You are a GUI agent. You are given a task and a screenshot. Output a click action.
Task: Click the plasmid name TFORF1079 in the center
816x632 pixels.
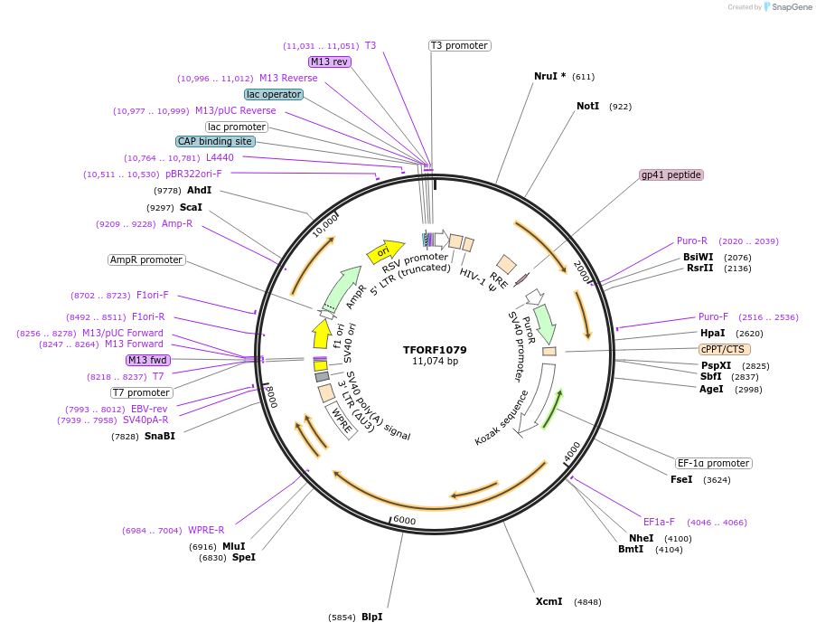pyautogui.click(x=435, y=349)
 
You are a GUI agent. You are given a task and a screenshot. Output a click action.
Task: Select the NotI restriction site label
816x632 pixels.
pyautogui.click(x=587, y=106)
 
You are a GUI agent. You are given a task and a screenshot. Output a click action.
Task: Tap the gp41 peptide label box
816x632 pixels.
pyautogui.click(x=671, y=175)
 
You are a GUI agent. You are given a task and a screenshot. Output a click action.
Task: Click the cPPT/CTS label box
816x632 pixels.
pyautogui.click(x=724, y=349)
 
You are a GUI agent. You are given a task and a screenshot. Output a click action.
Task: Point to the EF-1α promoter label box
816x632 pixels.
pyautogui.click(x=714, y=463)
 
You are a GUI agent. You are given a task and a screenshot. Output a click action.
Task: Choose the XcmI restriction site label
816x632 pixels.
pyautogui.click(x=549, y=601)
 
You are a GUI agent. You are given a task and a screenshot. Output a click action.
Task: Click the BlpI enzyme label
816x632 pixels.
pyautogui.click(x=371, y=617)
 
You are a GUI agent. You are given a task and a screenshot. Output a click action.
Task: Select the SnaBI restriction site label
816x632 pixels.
pyautogui.click(x=159, y=436)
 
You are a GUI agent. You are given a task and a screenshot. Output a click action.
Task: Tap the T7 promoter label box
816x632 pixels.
pyautogui.click(x=142, y=392)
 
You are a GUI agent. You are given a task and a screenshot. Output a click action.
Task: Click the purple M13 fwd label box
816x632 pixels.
pyautogui.click(x=148, y=360)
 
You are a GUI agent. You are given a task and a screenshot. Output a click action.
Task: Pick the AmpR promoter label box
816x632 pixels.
pyautogui.click(x=146, y=259)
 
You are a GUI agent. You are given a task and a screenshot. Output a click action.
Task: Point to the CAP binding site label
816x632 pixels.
pyautogui.click(x=215, y=141)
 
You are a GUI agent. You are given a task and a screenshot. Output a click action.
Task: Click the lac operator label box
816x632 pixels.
pyautogui.click(x=273, y=94)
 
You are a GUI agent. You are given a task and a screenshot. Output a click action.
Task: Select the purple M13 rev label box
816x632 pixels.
pyautogui.click(x=329, y=61)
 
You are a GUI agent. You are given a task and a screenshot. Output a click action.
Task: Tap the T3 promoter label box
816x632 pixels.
pyautogui.click(x=459, y=45)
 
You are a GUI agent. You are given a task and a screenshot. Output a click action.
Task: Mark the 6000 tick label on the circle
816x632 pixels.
pyautogui.click(x=404, y=521)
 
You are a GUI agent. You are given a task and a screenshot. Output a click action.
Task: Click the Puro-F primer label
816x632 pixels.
pyautogui.click(x=713, y=316)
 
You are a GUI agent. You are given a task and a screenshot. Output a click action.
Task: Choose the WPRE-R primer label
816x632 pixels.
pyautogui.click(x=206, y=530)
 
